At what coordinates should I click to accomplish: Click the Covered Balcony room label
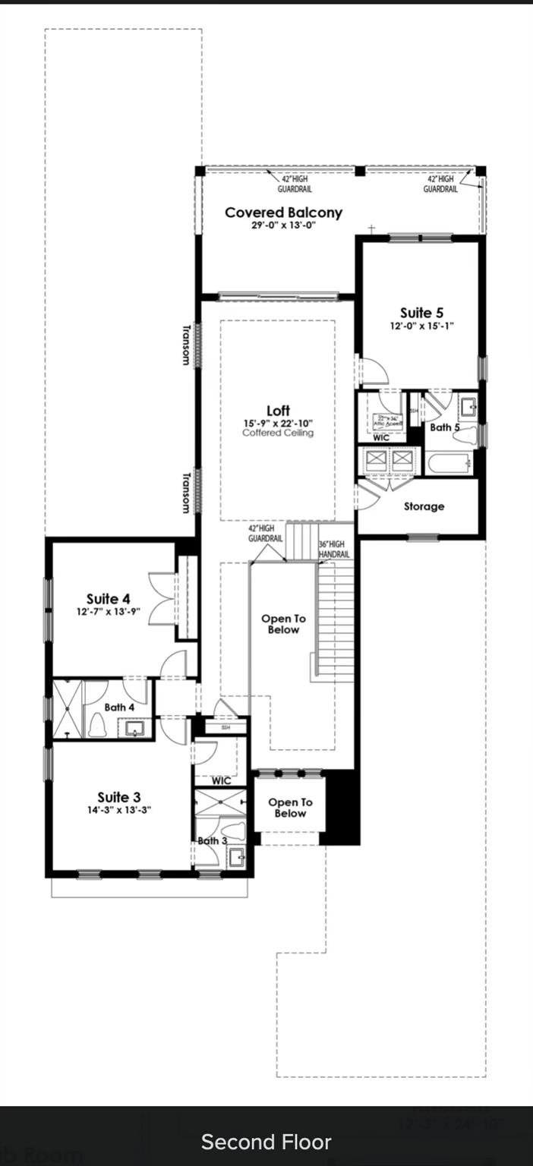(x=283, y=213)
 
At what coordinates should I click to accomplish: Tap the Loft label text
(x=278, y=411)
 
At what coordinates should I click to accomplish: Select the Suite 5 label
(x=421, y=312)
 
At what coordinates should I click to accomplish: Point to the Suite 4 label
(x=108, y=599)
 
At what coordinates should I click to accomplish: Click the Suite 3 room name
(x=118, y=797)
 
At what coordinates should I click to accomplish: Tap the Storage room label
(x=424, y=506)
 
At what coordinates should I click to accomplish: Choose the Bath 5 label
(x=445, y=427)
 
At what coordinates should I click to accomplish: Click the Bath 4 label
(x=119, y=707)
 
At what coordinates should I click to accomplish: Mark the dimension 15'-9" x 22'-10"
(x=278, y=423)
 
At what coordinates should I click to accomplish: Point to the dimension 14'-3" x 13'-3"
(x=118, y=809)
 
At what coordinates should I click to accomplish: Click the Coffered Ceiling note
(x=278, y=433)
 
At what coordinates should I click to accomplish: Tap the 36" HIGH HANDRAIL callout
(x=334, y=550)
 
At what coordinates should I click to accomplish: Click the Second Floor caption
(x=266, y=1142)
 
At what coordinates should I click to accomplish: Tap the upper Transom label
(x=186, y=345)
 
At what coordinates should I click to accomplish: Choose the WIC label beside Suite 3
(x=221, y=780)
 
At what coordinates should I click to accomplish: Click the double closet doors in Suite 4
(x=162, y=600)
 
